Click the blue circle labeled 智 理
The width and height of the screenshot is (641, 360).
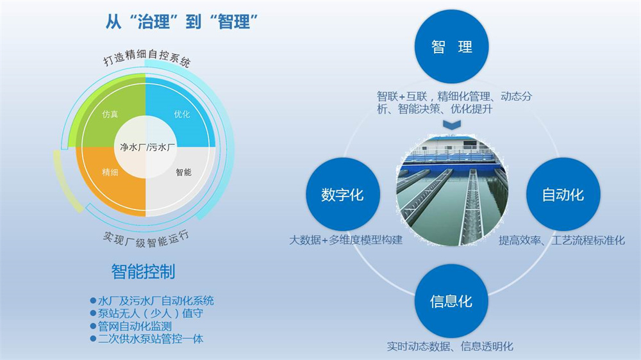(452, 47)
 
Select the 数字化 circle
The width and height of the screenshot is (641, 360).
(342, 195)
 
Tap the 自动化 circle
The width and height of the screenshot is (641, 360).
(563, 195)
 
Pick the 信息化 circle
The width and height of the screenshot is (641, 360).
(451, 301)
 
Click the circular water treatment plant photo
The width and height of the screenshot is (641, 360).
(452, 190)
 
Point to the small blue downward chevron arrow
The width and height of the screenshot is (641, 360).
(452, 125)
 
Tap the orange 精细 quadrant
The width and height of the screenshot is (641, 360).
(110, 180)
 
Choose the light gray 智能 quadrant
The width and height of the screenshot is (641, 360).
(182, 180)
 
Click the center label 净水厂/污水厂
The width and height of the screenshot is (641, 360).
(147, 147)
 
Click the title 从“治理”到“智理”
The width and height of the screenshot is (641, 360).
(182, 21)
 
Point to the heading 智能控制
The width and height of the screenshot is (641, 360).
(143, 272)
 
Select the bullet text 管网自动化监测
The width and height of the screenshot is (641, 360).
(135, 326)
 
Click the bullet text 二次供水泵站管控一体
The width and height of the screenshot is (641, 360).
(151, 339)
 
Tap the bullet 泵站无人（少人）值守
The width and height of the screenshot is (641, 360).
(151, 313)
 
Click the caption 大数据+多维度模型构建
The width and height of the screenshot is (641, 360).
(346, 240)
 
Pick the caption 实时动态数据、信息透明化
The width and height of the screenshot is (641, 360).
(450, 347)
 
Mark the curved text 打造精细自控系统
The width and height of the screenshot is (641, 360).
(146, 57)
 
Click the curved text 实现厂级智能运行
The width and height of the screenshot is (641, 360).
(146, 239)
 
